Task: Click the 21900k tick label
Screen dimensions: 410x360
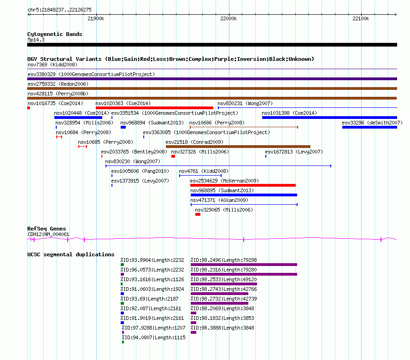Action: [96, 18]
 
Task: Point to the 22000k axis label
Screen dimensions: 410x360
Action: [228, 18]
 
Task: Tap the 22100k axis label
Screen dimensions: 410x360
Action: [361, 18]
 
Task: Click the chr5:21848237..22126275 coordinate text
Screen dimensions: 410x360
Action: [59, 10]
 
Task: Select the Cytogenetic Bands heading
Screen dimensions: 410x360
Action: [55, 34]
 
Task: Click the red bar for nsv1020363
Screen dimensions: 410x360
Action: [154, 108]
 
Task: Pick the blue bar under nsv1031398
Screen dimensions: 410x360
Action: [329, 118]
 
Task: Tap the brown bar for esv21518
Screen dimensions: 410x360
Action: [238, 147]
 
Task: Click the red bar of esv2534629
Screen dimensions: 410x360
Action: [243, 185]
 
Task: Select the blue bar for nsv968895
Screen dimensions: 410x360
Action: [244, 195]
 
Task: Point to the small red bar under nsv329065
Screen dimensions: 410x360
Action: [198, 214]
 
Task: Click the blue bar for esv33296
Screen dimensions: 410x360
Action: [369, 127]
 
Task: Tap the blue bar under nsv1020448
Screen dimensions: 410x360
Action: [78, 118]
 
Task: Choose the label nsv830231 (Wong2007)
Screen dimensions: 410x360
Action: [245, 103]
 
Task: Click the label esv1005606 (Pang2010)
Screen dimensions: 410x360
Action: [140, 171]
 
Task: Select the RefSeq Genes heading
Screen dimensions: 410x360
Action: [47, 229]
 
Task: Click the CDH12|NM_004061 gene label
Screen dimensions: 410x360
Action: [48, 234]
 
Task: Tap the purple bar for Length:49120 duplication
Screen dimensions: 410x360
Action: [224, 284]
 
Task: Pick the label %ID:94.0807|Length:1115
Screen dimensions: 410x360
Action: [153, 337]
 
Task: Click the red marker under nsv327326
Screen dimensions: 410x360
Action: [173, 156]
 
